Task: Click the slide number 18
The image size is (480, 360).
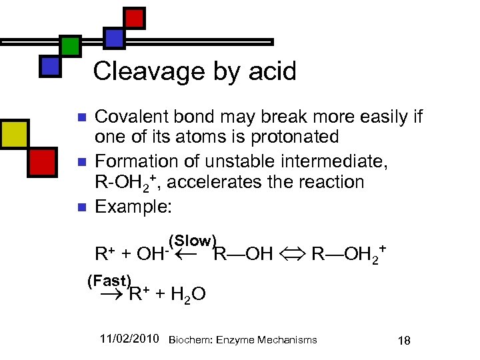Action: (x=403, y=341)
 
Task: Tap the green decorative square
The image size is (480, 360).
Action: (x=70, y=45)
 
